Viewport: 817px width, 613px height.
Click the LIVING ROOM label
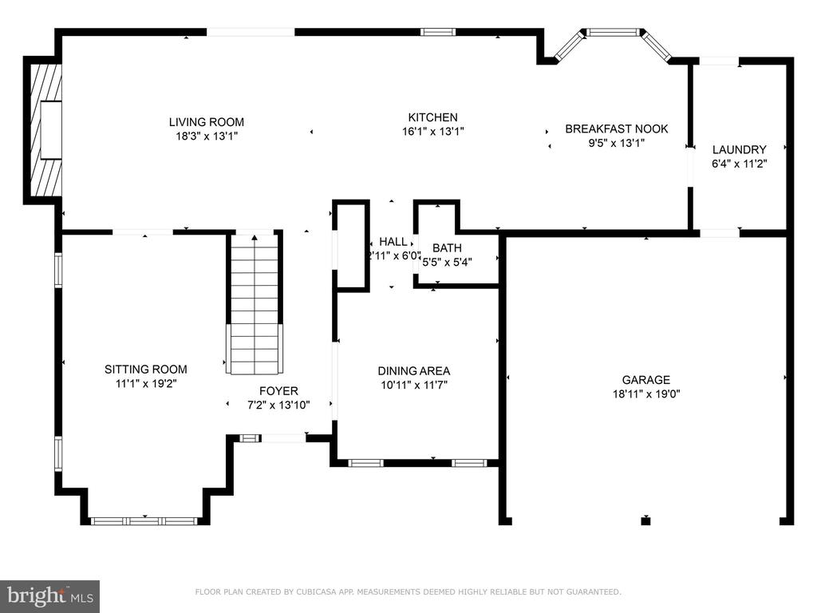point(207,122)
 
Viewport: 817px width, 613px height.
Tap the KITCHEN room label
point(432,117)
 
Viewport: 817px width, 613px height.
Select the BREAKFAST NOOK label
point(617,129)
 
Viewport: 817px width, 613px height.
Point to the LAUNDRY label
point(740,149)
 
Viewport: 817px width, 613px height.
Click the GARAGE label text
point(646,380)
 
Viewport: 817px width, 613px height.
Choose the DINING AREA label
point(414,371)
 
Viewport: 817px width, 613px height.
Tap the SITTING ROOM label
point(146,370)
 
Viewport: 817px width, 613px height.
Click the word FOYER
point(278,391)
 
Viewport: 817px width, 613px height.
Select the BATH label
point(447,248)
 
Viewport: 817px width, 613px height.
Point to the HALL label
point(393,242)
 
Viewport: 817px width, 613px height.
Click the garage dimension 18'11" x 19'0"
point(646,394)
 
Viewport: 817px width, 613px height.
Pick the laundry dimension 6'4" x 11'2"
point(740,164)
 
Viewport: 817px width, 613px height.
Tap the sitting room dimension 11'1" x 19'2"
point(146,384)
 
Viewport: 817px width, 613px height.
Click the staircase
point(255,303)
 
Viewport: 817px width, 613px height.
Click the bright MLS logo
point(50,595)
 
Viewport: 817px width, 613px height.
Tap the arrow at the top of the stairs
point(255,238)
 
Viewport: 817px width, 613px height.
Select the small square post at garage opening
point(646,520)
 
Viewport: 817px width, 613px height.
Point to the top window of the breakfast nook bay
point(613,32)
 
